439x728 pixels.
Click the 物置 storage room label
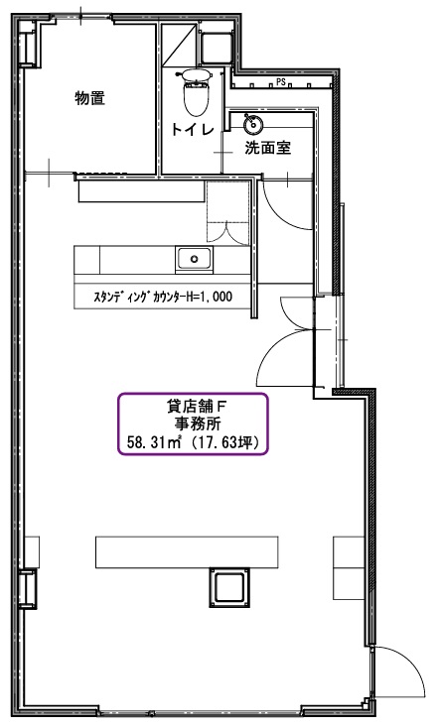click(x=89, y=98)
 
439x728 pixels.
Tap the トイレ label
click(x=193, y=129)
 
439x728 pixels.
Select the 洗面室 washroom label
click(x=268, y=148)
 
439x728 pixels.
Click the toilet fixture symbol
click(x=196, y=92)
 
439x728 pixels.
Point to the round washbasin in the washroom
click(x=253, y=123)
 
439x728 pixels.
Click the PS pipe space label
click(x=280, y=82)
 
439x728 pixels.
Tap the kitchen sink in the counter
click(x=194, y=259)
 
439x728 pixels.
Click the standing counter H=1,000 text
click(x=163, y=297)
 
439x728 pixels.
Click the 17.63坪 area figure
click(x=226, y=442)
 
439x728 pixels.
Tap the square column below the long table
click(x=229, y=587)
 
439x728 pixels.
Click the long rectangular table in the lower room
click(x=187, y=552)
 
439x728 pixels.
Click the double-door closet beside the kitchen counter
click(x=228, y=211)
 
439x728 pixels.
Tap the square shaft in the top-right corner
click(x=217, y=47)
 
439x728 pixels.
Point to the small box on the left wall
click(x=28, y=589)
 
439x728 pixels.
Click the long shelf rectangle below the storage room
click(x=141, y=191)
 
